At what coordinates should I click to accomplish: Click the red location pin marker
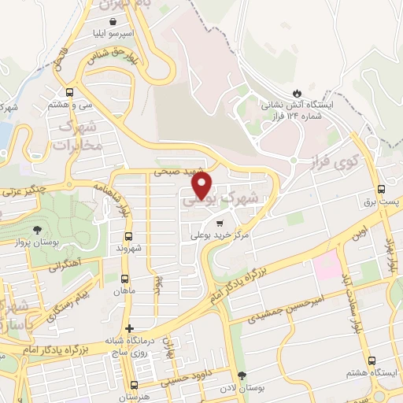[202, 184]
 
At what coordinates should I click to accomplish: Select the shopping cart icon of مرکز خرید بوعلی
[207, 223]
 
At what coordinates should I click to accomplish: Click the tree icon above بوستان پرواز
[37, 230]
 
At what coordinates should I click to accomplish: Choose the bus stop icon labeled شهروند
[128, 235]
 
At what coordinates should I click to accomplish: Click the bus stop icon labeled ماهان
[124, 279]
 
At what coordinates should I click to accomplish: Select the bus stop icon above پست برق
[382, 190]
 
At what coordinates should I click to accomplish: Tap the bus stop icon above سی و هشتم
[71, 91]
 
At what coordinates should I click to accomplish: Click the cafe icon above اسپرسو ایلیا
[115, 23]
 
